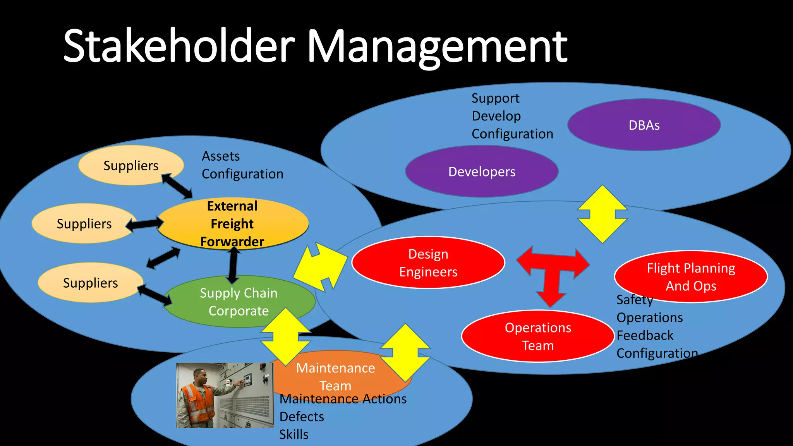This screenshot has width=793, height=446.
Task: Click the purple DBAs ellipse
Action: click(x=644, y=125)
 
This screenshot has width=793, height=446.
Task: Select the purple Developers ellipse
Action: click(x=481, y=172)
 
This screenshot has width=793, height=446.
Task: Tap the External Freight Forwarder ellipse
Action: click(x=232, y=223)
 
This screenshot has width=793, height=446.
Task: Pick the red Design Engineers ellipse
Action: click(x=428, y=262)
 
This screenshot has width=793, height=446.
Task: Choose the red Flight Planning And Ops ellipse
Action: click(x=691, y=276)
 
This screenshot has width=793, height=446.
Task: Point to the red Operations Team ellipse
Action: click(x=537, y=336)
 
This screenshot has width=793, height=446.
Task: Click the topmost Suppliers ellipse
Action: click(x=131, y=165)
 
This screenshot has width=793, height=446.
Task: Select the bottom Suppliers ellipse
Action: click(x=90, y=283)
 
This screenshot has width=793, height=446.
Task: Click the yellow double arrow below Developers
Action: click(x=602, y=214)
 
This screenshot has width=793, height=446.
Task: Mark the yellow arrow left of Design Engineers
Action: click(x=321, y=267)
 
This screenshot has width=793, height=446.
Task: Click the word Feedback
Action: click(x=645, y=335)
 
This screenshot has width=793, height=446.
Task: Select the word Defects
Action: click(x=302, y=417)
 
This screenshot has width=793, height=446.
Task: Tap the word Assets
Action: click(x=221, y=156)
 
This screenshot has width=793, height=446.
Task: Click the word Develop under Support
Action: click(x=496, y=116)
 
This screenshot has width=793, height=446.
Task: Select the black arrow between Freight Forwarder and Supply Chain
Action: click(x=233, y=265)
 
